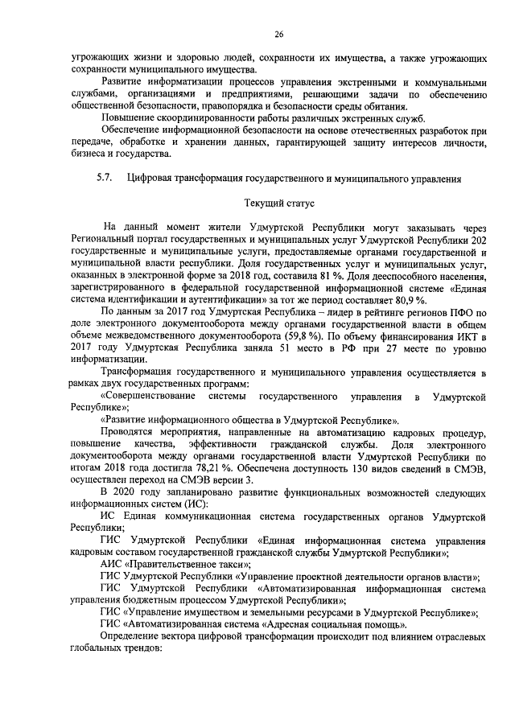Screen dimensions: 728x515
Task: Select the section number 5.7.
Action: pyautogui.click(x=103, y=177)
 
